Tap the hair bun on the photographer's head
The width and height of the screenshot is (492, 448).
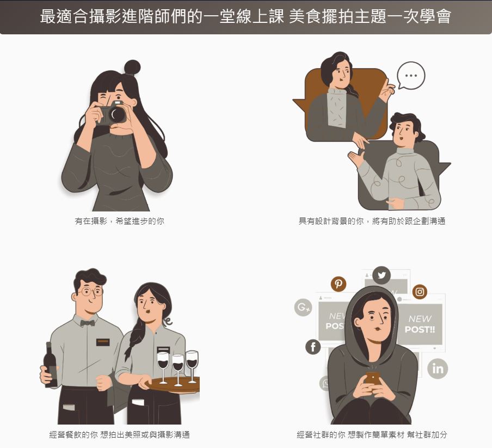tap(132, 68)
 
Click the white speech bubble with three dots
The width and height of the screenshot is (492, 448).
tap(411, 75)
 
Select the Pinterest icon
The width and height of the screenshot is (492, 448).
tap(339, 284)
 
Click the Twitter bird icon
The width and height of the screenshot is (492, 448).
tap(382, 276)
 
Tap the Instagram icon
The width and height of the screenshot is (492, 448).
tap(420, 292)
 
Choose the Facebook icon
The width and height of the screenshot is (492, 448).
tap(313, 347)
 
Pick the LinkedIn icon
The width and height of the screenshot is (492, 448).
tap(438, 368)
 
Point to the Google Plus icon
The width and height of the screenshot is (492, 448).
tap(303, 307)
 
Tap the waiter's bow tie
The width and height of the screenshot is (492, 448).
tap(88, 323)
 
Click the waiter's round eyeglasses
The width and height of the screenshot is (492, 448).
tap(91, 292)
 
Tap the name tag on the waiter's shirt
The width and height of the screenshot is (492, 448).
tap(103, 342)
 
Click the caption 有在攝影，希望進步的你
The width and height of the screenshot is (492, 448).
tap(120, 221)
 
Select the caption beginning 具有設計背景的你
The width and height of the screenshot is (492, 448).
tap(372, 221)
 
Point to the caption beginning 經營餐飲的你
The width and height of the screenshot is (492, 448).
tap(120, 435)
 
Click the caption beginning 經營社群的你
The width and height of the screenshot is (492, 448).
tap(372, 435)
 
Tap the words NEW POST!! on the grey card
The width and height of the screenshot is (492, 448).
tap(420, 324)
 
